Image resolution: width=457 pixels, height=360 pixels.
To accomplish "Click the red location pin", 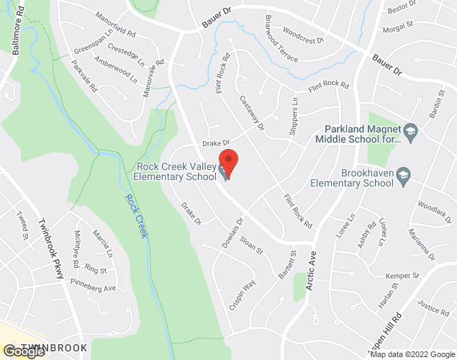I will [228, 160].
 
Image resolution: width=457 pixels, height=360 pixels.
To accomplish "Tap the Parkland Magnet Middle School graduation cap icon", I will [410, 130].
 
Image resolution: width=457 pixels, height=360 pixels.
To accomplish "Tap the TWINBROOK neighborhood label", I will [54, 348].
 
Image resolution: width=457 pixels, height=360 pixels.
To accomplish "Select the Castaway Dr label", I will [252, 114].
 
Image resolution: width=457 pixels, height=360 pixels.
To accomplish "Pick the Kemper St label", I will [402, 276].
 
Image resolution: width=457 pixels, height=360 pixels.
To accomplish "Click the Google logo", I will [22, 351].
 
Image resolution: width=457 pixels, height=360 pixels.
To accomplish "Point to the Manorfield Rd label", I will [114, 32].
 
